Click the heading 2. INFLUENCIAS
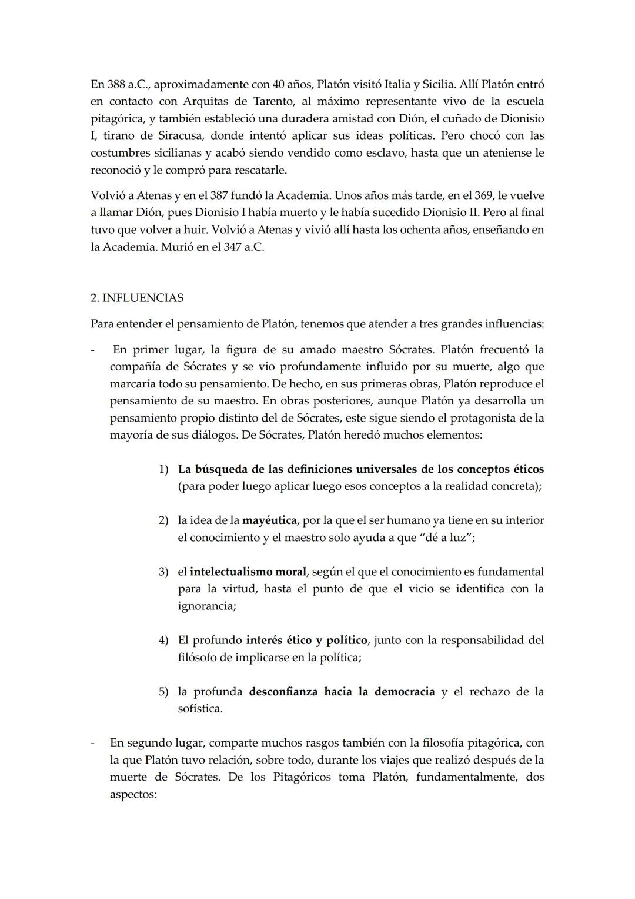(137, 298)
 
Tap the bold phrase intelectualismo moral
(248, 572)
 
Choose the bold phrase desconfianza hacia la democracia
(342, 692)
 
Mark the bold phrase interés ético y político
(307, 640)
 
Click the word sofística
(200, 709)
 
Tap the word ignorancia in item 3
(207, 606)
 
